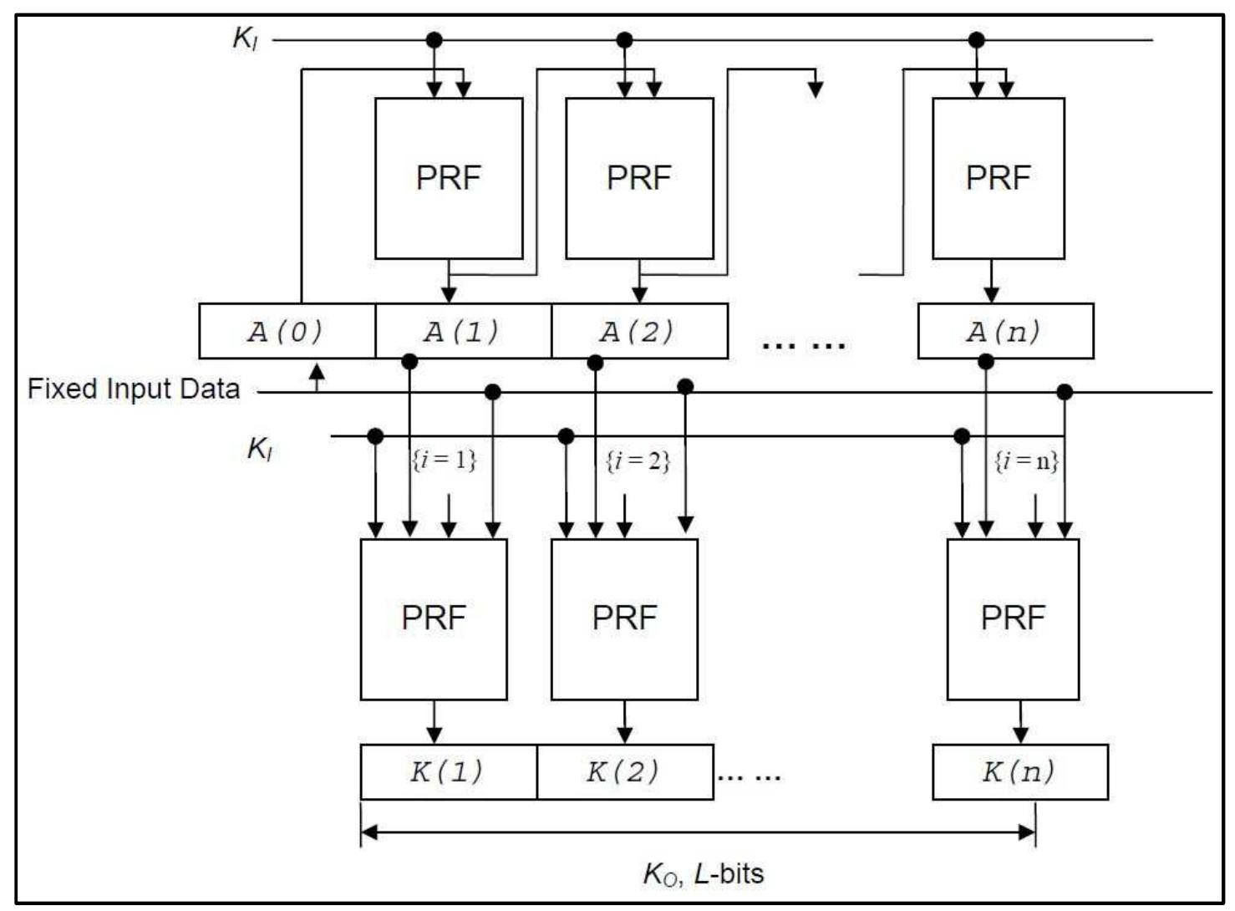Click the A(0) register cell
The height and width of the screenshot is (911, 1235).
[287, 332]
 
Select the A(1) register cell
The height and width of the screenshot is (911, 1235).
[463, 332]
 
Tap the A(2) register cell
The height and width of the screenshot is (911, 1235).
[639, 332]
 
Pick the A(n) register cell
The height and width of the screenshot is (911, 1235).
[1005, 332]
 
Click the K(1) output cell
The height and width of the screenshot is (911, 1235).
[448, 771]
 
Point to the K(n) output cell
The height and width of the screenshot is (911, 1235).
[1019, 771]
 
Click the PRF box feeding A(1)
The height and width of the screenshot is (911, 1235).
[449, 178]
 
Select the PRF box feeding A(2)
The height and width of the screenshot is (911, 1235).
[639, 178]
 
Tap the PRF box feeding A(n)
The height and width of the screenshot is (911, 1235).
[998, 178]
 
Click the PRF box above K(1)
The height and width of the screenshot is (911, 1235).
[434, 618]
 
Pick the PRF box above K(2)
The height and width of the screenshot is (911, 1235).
[624, 618]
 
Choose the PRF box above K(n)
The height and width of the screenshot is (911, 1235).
[1013, 618]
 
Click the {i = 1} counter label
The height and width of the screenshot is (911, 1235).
[444, 460]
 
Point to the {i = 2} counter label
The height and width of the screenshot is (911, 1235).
[638, 461]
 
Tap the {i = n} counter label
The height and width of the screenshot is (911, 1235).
[1026, 461]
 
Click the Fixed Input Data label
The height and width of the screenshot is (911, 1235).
[134, 389]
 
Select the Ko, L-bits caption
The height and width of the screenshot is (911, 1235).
[703, 873]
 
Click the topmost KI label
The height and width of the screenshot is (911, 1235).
[246, 38]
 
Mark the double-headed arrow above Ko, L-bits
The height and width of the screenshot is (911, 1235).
[698, 832]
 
